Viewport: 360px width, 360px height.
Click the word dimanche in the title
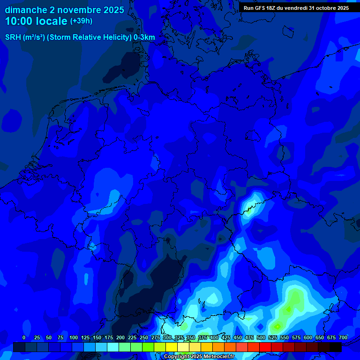[26, 10]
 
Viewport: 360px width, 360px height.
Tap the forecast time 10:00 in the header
[20, 21]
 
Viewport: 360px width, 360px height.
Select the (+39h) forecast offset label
[81, 21]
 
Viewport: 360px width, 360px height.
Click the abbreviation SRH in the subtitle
[14, 37]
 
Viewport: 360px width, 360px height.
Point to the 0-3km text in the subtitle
[144, 37]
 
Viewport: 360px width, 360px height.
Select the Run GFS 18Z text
[260, 7]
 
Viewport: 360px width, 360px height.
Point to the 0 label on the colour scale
[24, 338]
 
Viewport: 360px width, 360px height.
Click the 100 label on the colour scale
[74, 338]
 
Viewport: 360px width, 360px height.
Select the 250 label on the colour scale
[144, 338]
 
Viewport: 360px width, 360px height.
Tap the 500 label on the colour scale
[261, 338]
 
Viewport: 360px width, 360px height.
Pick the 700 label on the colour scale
[343, 338]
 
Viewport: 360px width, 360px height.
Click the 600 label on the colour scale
[308, 338]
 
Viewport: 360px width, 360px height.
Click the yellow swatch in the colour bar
[172, 347]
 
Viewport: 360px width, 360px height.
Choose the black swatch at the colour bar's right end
[336, 347]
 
